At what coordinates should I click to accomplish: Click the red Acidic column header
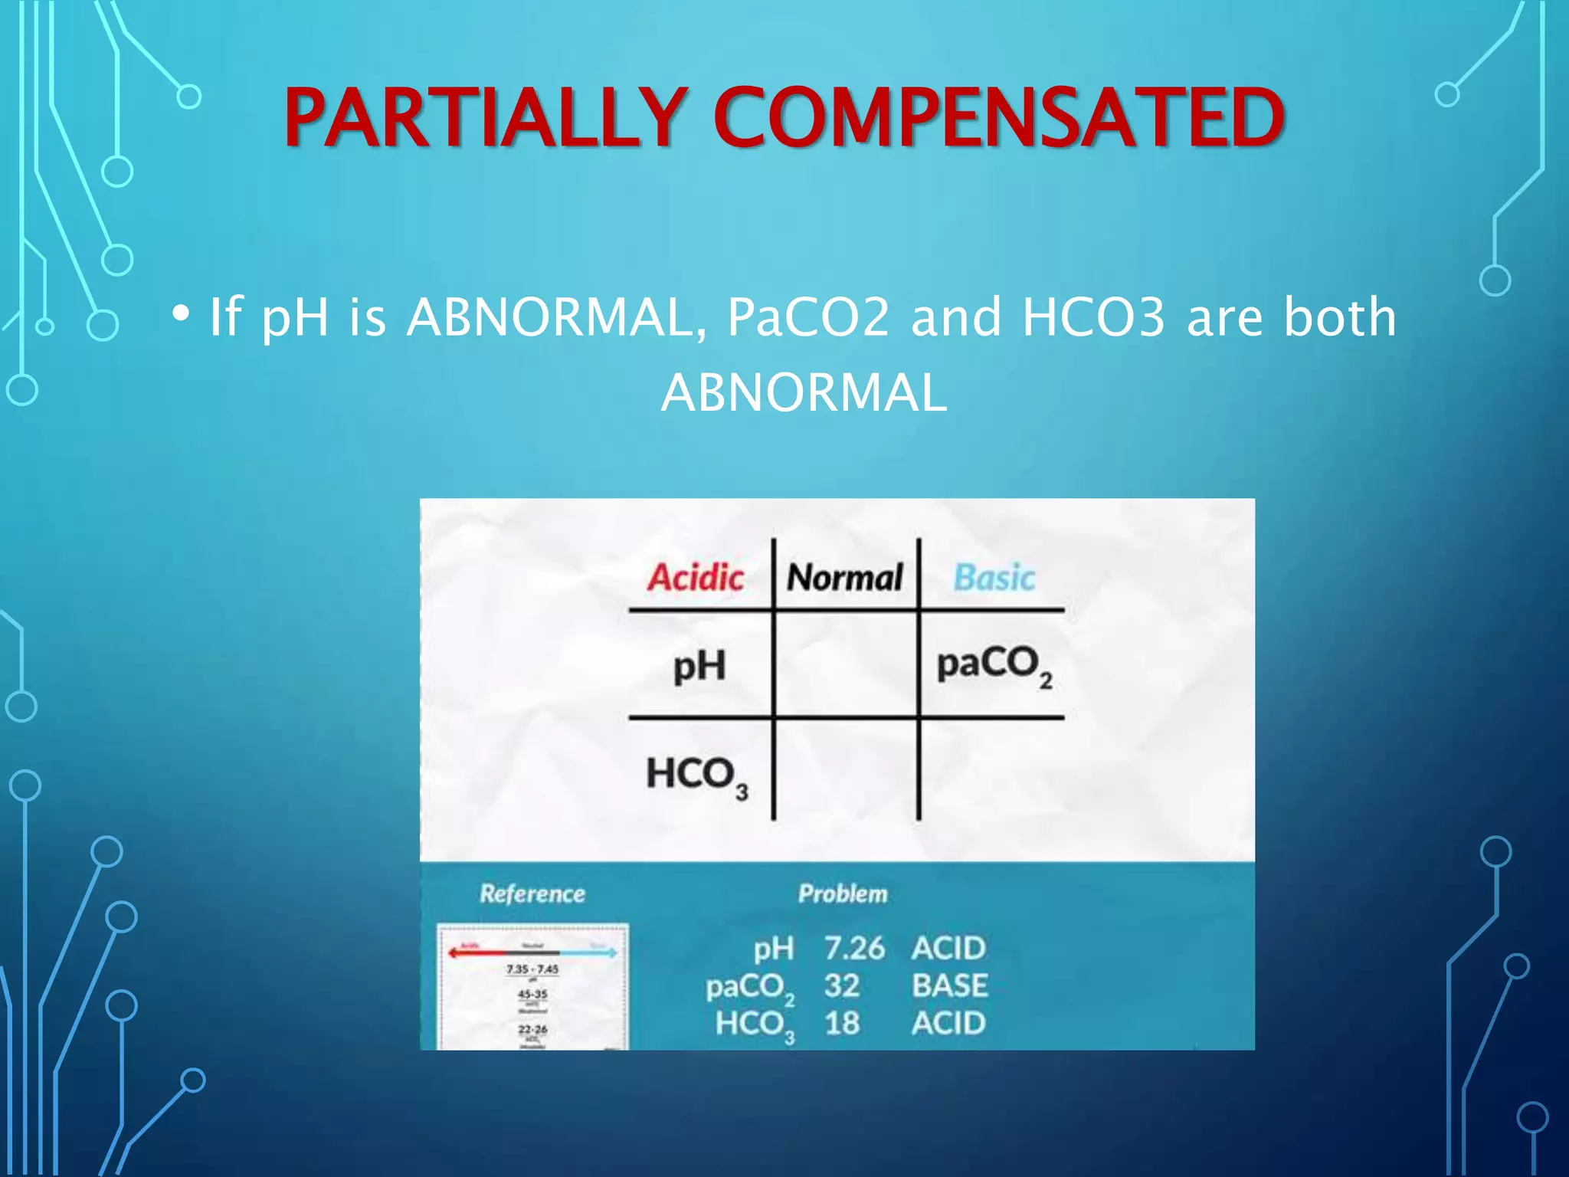[x=696, y=577]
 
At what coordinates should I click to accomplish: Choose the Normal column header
[x=845, y=577]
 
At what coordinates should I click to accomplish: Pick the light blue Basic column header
[x=994, y=577]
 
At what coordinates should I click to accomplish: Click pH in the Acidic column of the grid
[x=699, y=665]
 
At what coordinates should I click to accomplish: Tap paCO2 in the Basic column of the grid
[x=994, y=665]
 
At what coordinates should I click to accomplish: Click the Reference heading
[x=532, y=893]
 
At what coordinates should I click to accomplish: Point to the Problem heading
[x=843, y=893]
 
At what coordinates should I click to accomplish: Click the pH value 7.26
[x=854, y=949]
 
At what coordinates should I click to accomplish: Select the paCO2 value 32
[x=841, y=986]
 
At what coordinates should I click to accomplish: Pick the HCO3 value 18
[x=841, y=1023]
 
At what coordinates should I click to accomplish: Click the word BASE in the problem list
[x=950, y=986]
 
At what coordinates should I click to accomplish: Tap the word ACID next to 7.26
[x=948, y=949]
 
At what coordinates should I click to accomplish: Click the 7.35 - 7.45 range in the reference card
[x=532, y=969]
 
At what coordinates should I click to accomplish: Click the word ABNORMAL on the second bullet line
[x=804, y=392]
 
